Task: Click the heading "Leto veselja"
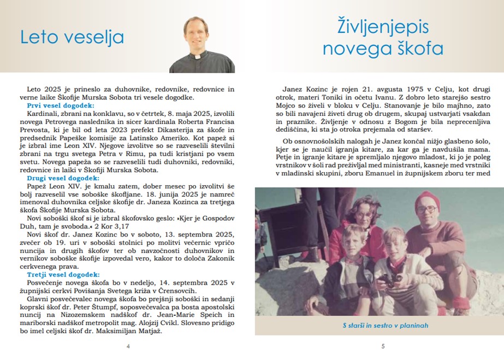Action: coord(72,37)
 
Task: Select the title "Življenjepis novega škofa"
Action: coord(383,38)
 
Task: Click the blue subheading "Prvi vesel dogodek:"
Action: coord(60,105)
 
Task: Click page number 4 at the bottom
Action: coord(128,346)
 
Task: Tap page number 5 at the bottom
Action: coord(383,346)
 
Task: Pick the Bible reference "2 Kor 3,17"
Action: coord(112,225)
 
